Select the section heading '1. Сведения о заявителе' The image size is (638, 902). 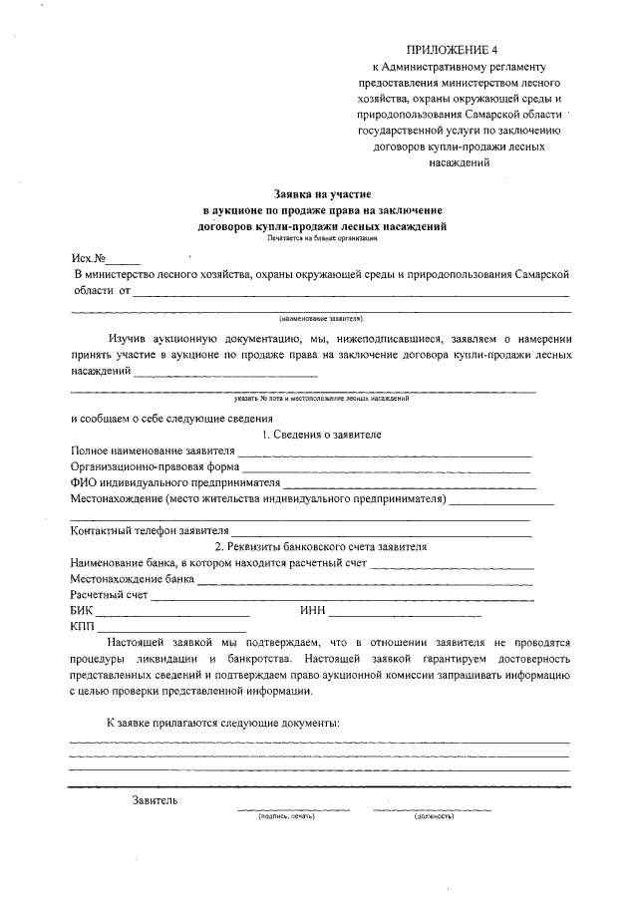[x=321, y=435]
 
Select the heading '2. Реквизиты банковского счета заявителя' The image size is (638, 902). [x=321, y=547]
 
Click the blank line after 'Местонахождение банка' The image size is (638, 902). [x=365, y=580]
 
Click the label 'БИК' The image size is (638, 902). [x=81, y=611]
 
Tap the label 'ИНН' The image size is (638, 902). [x=311, y=611]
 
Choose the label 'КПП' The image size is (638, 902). [x=82, y=627]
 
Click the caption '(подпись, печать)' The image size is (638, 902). [x=286, y=816]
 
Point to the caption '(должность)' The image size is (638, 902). [x=434, y=816]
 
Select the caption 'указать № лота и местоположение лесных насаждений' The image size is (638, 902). [x=321, y=399]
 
